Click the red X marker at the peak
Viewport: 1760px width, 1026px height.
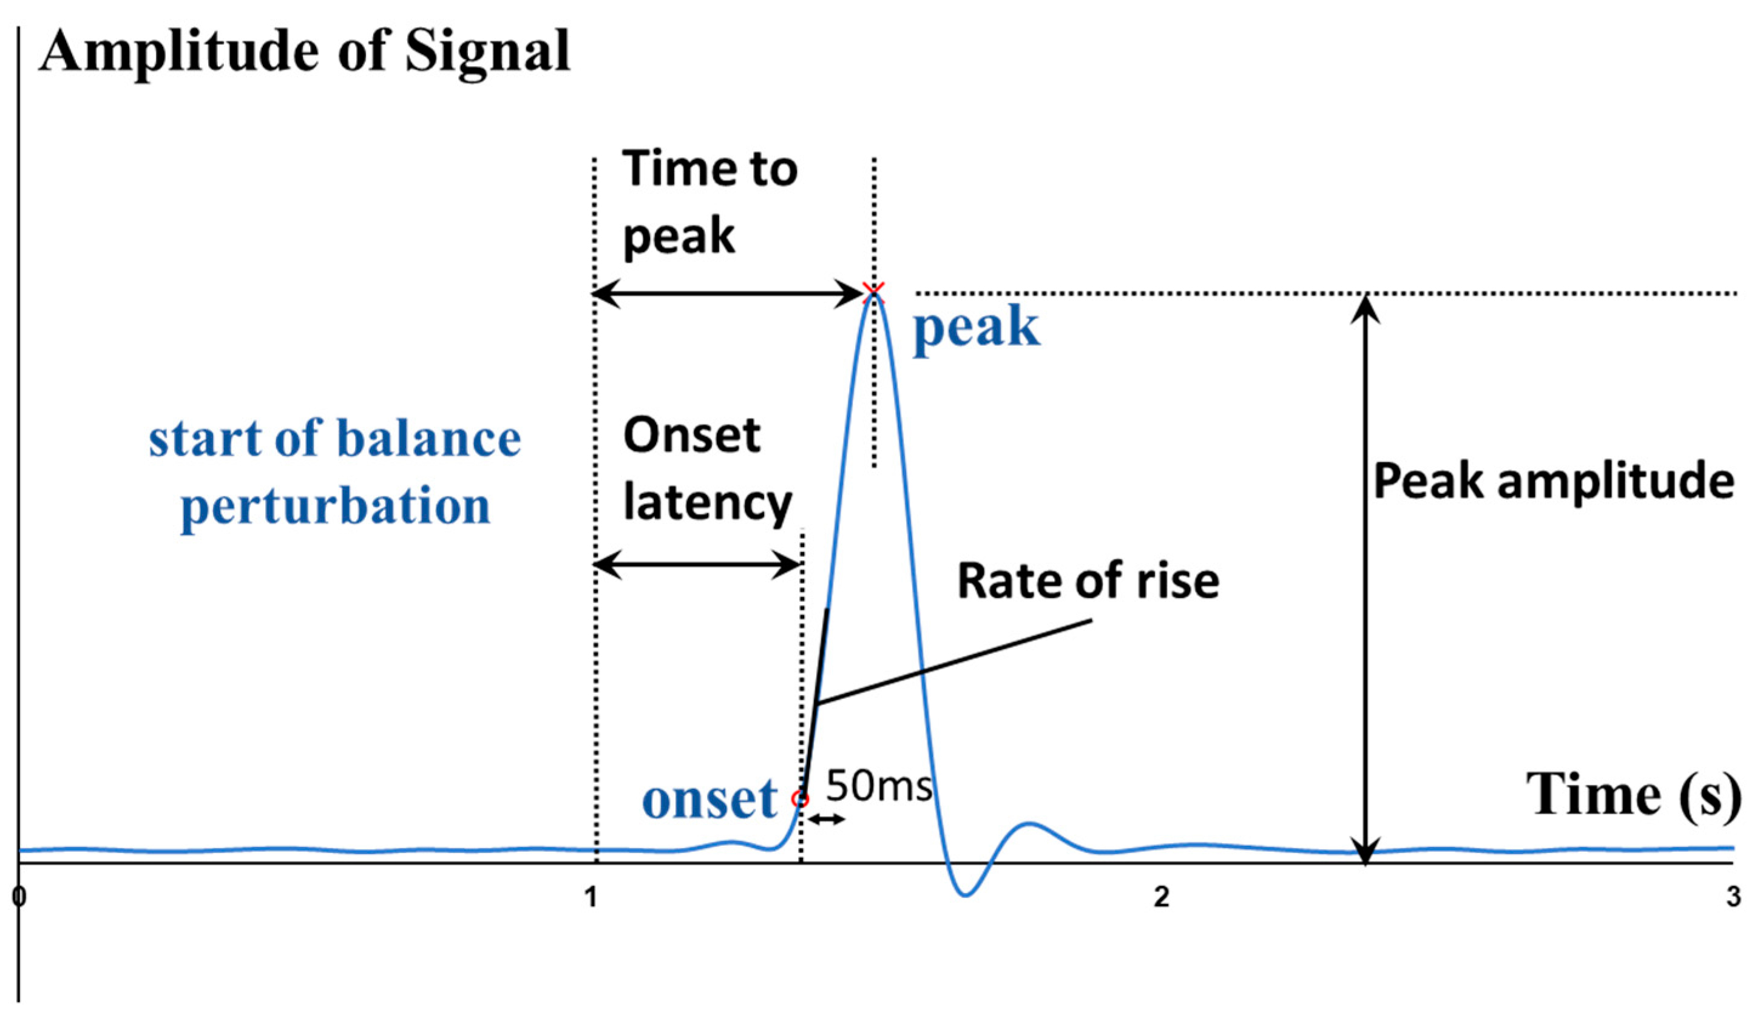[x=873, y=291]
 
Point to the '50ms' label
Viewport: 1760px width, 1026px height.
[x=879, y=786]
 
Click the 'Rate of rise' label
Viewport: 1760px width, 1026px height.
[x=1088, y=581]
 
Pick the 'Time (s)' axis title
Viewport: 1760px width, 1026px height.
[x=1632, y=794]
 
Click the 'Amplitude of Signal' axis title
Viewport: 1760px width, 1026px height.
[x=305, y=51]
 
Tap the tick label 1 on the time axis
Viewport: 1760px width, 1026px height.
[x=591, y=897]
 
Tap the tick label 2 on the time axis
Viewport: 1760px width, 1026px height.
[x=1161, y=897]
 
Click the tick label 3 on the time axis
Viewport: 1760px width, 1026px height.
[x=1733, y=897]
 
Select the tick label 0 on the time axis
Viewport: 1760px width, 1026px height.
[x=19, y=897]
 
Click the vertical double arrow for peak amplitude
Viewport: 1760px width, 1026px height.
[x=1365, y=579]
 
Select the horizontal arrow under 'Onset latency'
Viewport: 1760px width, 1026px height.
[x=697, y=564]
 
